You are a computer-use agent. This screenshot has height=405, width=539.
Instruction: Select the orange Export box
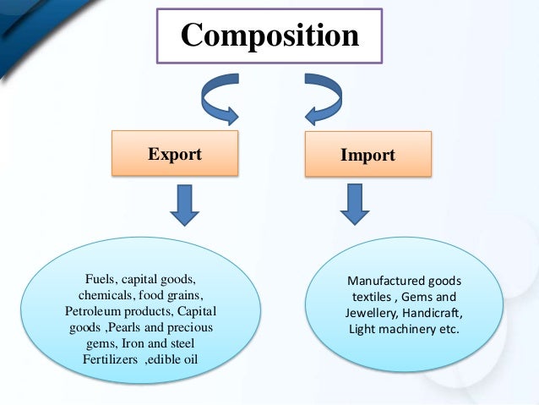(175, 155)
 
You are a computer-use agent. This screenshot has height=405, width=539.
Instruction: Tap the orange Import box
(369, 156)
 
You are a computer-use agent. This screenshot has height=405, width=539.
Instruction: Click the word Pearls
(124, 327)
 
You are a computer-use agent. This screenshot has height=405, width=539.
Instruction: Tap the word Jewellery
(361, 313)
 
